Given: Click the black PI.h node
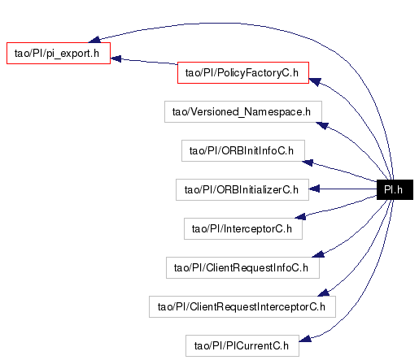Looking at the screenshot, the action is tap(395, 189).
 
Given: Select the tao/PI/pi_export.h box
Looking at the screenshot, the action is tap(59, 53).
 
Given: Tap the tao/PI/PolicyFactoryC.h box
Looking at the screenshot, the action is tap(243, 72).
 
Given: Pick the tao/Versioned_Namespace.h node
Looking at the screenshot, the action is tap(243, 111).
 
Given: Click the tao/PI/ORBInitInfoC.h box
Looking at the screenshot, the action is tap(243, 150).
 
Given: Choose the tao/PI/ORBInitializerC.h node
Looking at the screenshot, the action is tap(242, 189).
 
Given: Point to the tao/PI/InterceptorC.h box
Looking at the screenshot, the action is tap(243, 228).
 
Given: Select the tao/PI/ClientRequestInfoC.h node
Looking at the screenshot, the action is tap(242, 267).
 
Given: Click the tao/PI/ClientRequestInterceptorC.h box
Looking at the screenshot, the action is tap(242, 306).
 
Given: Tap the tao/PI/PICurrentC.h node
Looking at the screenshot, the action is tap(242, 345).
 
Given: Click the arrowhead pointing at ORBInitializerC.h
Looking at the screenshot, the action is tap(314, 189).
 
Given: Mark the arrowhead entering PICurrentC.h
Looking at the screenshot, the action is tap(305, 339).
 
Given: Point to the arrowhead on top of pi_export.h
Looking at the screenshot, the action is tap(94, 40).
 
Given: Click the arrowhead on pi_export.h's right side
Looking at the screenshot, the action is tap(116, 59).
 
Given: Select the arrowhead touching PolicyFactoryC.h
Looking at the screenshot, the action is tap(315, 82).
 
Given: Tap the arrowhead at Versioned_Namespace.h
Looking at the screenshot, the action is tap(322, 125).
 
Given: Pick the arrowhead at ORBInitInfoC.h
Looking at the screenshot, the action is tap(308, 163).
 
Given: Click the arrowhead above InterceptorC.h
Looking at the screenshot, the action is tap(300, 216).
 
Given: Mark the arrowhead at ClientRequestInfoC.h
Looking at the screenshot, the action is tap(318, 254).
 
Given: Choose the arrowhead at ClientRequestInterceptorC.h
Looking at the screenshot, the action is tap(323, 293).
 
